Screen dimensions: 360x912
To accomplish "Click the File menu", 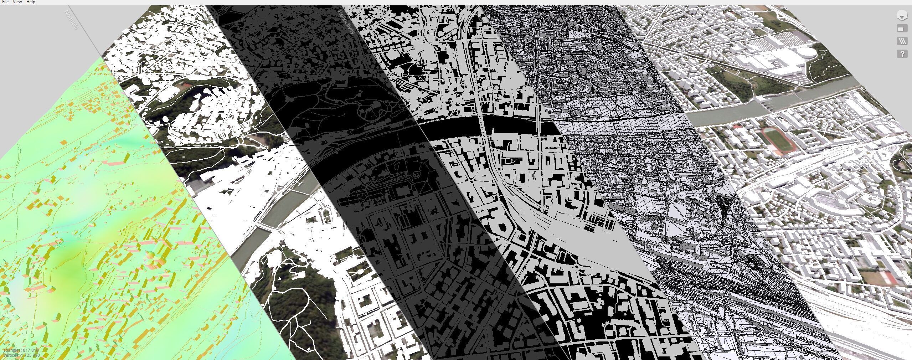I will pyautogui.click(x=5, y=2).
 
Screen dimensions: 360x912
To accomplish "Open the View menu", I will pyautogui.click(x=17, y=2).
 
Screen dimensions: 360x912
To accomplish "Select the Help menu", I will pyautogui.click(x=31, y=2).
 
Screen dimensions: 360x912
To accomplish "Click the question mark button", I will pyautogui.click(x=902, y=54).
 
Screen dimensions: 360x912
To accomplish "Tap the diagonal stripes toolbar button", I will pyautogui.click(x=902, y=41).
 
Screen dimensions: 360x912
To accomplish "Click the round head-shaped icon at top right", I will pyautogui.click(x=902, y=15).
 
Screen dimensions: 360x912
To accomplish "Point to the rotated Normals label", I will pyautogui.click(x=71, y=20).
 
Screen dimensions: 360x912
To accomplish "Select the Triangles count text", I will pyautogui.click(x=21, y=350).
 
